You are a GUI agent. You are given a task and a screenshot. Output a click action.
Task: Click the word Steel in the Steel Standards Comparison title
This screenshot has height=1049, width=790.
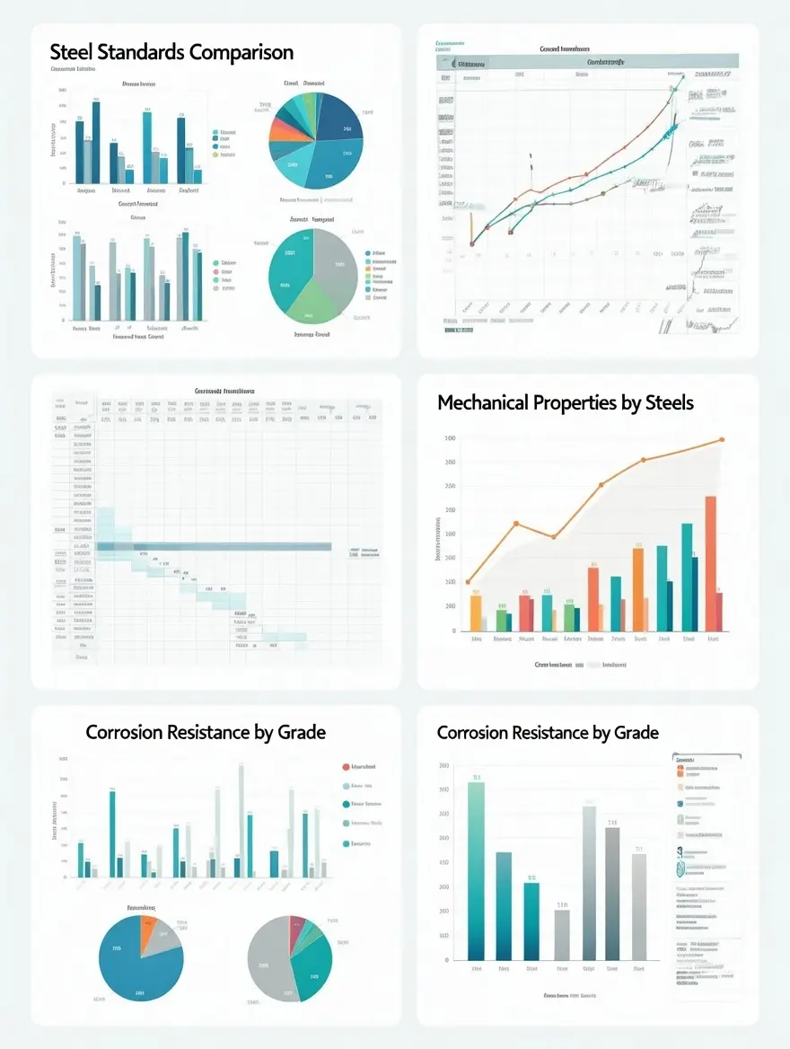click(70, 52)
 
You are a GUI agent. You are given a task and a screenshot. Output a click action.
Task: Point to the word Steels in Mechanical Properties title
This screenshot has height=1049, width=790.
click(669, 402)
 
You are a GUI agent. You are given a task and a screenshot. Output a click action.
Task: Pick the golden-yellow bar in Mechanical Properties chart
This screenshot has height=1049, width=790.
click(476, 612)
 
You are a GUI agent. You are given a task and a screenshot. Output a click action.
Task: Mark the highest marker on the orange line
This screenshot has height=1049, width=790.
click(721, 439)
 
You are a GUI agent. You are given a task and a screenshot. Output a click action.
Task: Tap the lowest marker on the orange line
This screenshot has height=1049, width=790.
click(468, 582)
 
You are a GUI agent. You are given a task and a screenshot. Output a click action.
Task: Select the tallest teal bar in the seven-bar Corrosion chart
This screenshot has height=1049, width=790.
click(476, 869)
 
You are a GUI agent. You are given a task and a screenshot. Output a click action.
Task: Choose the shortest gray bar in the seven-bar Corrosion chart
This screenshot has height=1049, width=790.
click(561, 934)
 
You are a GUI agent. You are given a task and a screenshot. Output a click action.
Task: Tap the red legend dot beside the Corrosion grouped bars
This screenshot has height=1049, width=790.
click(346, 767)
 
